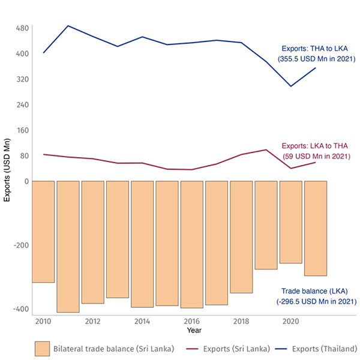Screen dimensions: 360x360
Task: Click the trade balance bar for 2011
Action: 68,246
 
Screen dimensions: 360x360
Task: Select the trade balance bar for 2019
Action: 266,225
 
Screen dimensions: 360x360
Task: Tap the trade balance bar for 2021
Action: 316,228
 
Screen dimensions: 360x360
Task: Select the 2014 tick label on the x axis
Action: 142,322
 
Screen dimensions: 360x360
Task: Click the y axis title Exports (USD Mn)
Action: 8,170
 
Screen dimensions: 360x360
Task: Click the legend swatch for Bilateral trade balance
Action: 42,349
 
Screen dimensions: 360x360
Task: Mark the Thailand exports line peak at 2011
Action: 68,26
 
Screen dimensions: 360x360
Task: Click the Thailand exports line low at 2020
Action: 291,86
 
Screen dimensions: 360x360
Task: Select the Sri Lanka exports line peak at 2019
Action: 266,149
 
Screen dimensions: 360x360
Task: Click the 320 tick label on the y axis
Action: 23,79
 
